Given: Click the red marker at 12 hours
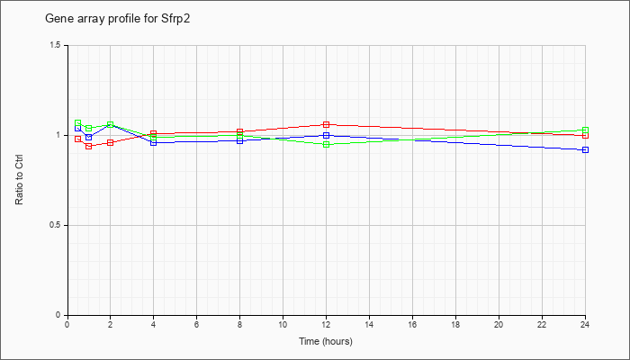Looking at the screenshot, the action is click(326, 124).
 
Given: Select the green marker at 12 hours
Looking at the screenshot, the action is click(326, 144).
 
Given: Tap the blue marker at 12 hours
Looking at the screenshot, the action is click(326, 135).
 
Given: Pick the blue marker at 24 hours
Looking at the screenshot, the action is click(585, 150).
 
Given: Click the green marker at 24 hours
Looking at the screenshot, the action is click(585, 130).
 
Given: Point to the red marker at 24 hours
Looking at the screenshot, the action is click(585, 135).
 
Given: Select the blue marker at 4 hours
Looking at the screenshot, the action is click(154, 142).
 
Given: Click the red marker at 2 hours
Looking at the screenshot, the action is click(110, 142).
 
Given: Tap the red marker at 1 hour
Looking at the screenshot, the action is click(89, 146).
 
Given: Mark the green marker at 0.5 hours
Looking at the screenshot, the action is click(78, 123).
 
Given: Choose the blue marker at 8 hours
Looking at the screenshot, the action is click(240, 140).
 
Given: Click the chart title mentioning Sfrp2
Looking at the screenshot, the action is click(117, 19).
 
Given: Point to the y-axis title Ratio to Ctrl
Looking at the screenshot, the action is click(19, 180).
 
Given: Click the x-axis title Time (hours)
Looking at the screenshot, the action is click(326, 341).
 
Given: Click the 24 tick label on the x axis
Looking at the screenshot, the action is click(585, 324).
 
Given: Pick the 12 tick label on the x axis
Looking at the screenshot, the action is click(326, 324).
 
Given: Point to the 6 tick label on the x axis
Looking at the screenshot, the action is click(196, 324).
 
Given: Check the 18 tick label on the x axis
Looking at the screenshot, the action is click(455, 324).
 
